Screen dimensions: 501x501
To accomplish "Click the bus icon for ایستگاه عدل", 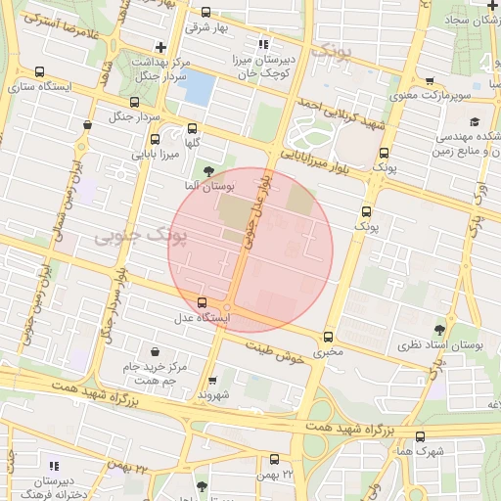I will point(203,302).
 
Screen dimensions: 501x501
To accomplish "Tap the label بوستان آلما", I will point(205,185).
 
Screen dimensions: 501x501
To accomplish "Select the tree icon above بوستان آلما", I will point(205,170).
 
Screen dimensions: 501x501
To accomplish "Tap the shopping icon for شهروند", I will point(212,381).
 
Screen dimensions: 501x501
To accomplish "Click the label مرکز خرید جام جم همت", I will point(155,373).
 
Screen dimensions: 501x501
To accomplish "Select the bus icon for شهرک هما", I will point(421,436).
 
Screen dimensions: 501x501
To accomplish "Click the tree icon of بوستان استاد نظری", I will point(436,331).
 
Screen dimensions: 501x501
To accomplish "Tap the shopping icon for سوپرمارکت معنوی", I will point(430,81).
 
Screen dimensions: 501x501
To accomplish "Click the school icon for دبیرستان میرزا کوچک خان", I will point(262,43).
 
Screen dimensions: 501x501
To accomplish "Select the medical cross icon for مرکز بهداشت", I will point(160,47).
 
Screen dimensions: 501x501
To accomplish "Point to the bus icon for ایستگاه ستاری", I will point(39,72).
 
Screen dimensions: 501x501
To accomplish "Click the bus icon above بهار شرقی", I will point(205,13).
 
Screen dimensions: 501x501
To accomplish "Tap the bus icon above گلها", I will point(191,128).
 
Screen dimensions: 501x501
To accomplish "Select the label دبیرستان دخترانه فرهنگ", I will point(40,489).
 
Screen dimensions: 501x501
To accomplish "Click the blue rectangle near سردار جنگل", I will point(197,88).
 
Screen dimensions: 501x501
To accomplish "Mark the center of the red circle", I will point(250,250).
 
